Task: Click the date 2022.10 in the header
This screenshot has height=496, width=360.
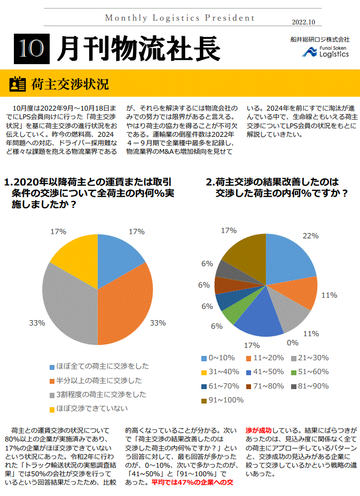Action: click(304, 22)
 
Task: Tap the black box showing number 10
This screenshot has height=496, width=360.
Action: click(31, 49)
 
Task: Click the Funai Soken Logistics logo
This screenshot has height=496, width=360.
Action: click(326, 51)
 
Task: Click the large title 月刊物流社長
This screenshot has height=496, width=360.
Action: click(138, 49)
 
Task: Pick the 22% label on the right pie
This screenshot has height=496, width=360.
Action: click(310, 235)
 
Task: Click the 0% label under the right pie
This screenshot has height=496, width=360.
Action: click(293, 343)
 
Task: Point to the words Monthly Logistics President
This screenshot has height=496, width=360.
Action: click(180, 18)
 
